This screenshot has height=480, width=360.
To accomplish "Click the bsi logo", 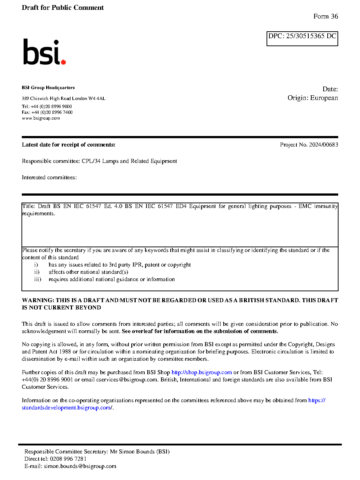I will (x=44, y=52).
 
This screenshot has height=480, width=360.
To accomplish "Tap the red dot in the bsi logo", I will (x=64, y=62).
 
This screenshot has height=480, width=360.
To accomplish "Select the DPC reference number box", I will (x=302, y=39).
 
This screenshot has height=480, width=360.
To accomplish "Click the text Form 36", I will (x=325, y=16).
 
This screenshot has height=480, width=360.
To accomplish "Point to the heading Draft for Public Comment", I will (x=63, y=8).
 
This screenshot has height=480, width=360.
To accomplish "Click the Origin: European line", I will (x=312, y=98).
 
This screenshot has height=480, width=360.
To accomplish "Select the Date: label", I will (x=330, y=89).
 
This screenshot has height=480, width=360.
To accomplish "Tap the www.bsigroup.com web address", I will (x=41, y=118).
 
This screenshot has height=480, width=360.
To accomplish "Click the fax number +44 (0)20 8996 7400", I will (x=52, y=112).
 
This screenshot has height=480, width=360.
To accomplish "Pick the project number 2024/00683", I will (x=323, y=145).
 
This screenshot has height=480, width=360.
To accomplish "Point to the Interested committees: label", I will (x=49, y=177).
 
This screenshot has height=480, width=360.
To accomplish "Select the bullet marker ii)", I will (x=37, y=272).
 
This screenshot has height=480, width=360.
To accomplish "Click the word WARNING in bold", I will (x=38, y=300).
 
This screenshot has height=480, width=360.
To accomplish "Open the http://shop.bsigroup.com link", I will (x=201, y=372).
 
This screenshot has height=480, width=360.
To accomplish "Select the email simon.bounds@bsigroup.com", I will (x=80, y=466).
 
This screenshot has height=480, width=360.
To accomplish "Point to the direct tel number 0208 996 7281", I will (x=68, y=459).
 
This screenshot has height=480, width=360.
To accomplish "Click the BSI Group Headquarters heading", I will (x=48, y=88).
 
